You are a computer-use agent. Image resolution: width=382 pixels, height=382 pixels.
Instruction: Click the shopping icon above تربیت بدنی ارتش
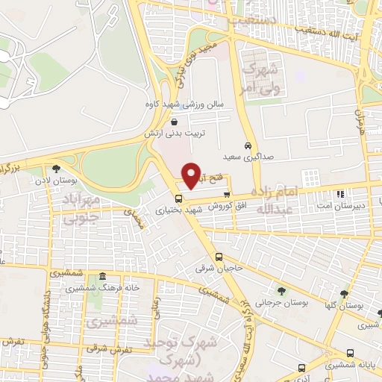pyautogui.click(x=175, y=122)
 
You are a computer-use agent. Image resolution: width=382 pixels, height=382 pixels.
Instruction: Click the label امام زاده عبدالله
pyautogui.click(x=281, y=199)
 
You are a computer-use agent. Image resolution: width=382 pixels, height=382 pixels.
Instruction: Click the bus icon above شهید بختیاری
pyautogui.click(x=178, y=199)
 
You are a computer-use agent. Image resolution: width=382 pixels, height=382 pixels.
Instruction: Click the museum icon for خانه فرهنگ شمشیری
pyautogui.click(x=102, y=277)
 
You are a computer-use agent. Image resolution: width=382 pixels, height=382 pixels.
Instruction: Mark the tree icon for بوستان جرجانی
pyautogui.click(x=281, y=292)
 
